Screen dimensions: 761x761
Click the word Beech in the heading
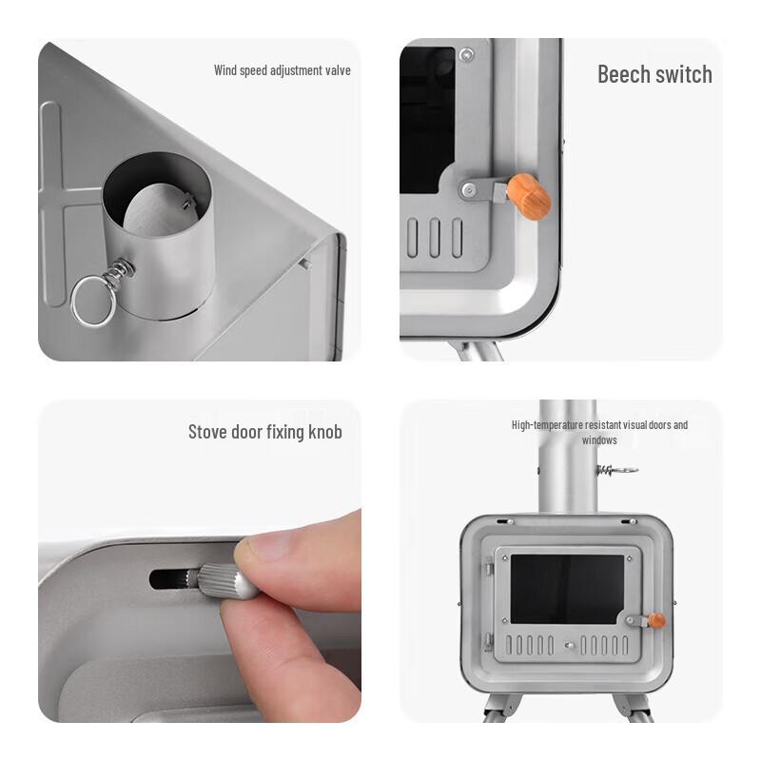pos(623,74)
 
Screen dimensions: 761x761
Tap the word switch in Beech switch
pos(683,74)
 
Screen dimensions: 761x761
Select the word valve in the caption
pos(338,70)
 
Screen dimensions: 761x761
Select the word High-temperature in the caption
pos(547,425)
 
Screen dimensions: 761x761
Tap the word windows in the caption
pos(599,440)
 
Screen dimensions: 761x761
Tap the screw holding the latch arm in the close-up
pos(468,189)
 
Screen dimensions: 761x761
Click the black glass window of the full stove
pos(567,589)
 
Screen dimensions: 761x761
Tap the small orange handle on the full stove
pos(656,621)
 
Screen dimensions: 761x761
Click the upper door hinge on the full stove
pos(488,566)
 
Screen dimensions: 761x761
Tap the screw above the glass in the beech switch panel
pos(466,54)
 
